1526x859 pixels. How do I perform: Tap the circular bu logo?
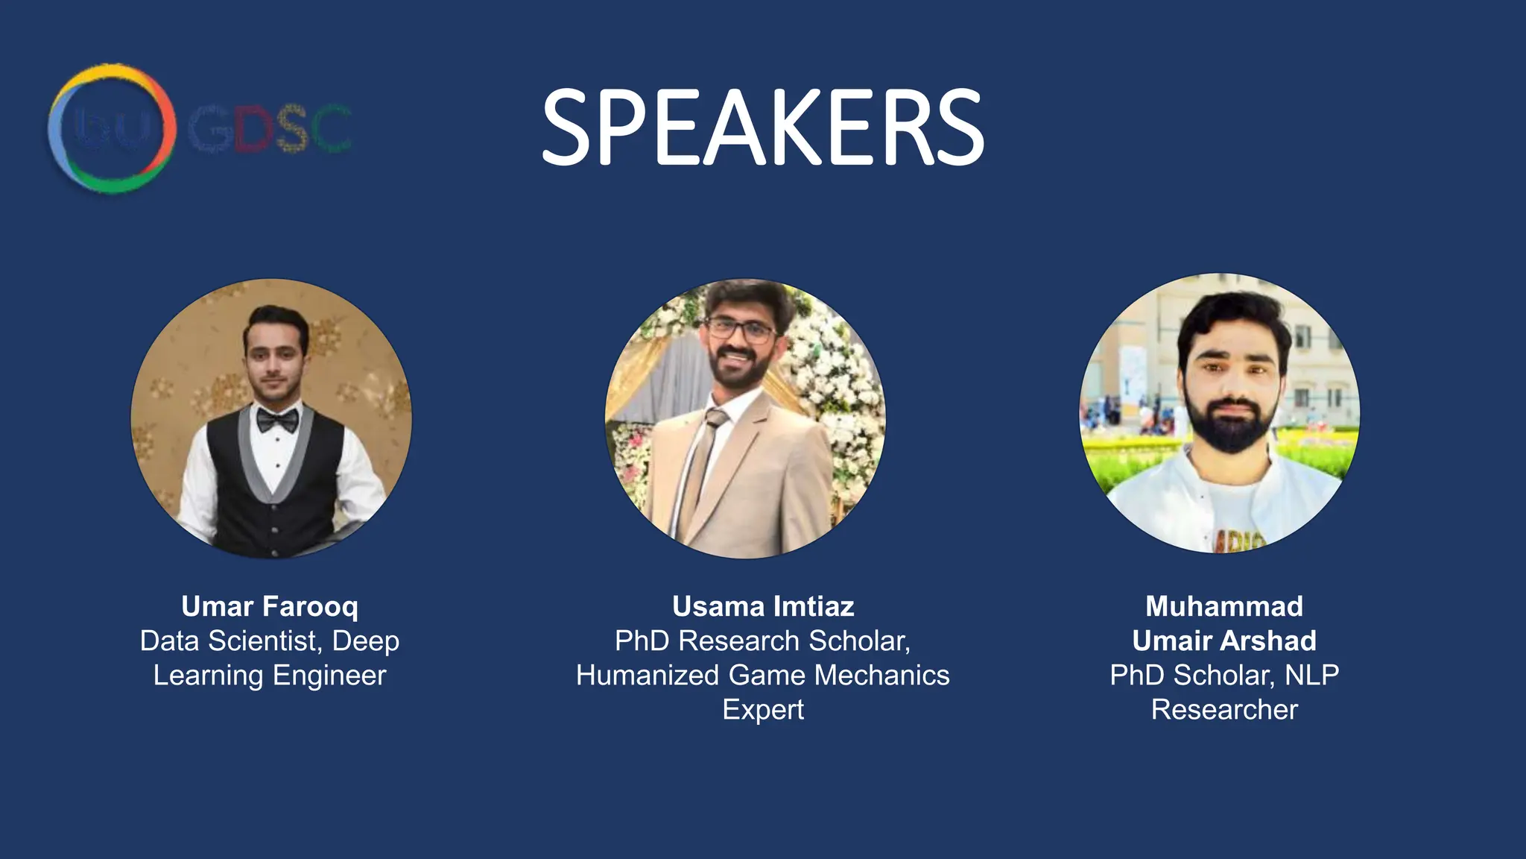[112, 128]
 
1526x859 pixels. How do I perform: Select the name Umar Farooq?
[270, 606]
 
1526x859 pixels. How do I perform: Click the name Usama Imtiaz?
[763, 606]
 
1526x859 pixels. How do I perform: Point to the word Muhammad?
[1224, 606]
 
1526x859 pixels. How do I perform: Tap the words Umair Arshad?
[1224, 641]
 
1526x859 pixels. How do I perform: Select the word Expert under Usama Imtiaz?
[763, 709]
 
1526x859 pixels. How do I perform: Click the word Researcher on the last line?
[1224, 709]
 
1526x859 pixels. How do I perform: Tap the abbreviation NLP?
[1311, 675]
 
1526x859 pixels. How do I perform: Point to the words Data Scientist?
[231, 641]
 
